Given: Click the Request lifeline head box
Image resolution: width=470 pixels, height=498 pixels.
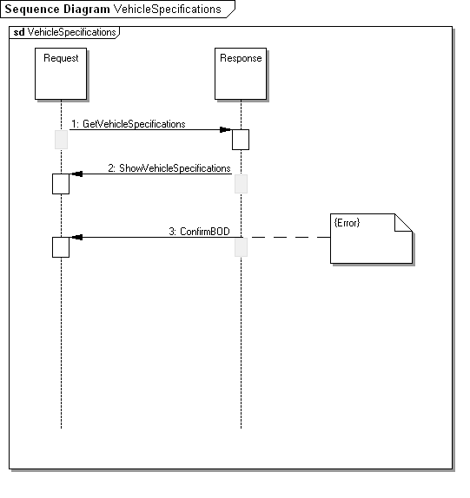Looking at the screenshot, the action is [x=61, y=74].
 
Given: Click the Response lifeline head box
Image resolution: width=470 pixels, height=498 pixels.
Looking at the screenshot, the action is [x=241, y=74].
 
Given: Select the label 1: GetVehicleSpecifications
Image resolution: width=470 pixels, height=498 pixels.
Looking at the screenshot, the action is [x=129, y=124].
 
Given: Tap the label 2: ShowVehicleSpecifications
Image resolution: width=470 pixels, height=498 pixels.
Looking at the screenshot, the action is [x=169, y=168].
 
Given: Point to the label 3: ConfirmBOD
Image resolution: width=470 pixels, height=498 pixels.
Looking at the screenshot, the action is [x=200, y=231].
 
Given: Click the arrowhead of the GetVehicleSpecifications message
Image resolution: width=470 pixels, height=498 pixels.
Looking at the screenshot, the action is [x=226, y=129].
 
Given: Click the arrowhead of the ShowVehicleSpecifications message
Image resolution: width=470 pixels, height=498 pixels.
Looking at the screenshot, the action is [x=77, y=174].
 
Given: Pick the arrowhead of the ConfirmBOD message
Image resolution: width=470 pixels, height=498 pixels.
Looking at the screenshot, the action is [x=77, y=237].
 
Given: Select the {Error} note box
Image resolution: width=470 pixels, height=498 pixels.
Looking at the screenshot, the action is [x=372, y=239].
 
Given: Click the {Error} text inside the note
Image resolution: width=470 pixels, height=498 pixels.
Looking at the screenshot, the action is [x=347, y=223].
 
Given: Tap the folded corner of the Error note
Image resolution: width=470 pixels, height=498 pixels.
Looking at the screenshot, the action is [x=403, y=223].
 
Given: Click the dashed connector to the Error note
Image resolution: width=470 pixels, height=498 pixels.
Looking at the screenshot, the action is [x=286, y=237].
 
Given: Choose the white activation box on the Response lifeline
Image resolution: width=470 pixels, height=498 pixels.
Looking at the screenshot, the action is [x=241, y=140].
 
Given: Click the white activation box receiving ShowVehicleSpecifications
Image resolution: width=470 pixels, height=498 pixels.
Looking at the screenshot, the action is [x=61, y=184].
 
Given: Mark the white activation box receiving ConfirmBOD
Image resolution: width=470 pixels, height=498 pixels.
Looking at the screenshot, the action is [x=61, y=247].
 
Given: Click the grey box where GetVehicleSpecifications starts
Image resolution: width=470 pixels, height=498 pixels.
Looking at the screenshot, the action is [x=61, y=140].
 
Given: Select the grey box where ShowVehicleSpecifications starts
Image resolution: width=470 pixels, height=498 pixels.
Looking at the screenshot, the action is [x=241, y=184].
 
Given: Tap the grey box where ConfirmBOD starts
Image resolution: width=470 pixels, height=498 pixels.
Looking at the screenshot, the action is [x=241, y=247].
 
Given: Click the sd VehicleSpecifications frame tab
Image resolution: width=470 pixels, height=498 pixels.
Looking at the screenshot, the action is [x=64, y=32].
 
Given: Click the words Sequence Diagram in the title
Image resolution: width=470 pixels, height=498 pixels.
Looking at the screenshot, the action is [x=57, y=9].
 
